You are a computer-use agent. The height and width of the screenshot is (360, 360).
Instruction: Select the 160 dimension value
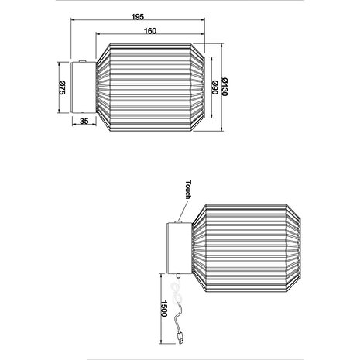[x=151, y=31]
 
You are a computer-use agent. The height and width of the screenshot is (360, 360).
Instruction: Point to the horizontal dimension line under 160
[x=150, y=36]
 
